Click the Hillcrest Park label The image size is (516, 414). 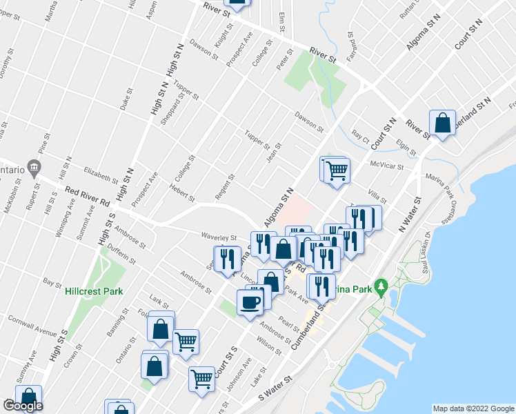coord(94,291)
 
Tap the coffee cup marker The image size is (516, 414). coord(250,301)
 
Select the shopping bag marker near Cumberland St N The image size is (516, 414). coord(441,124)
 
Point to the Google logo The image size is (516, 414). coord(22,406)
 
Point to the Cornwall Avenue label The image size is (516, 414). coord(32,324)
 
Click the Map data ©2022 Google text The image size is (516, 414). coord(473,408)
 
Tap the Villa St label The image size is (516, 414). coord(377,196)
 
